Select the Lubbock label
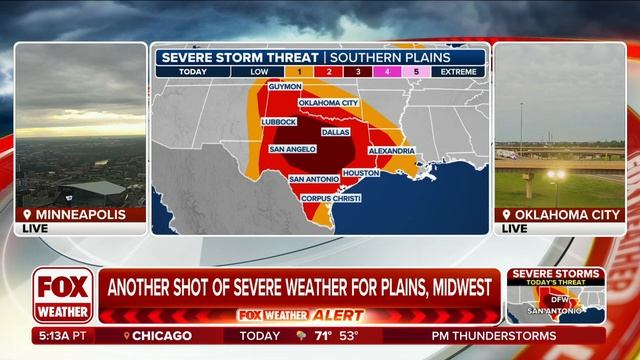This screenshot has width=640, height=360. coord(278,122)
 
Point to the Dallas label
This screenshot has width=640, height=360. coord(336,131)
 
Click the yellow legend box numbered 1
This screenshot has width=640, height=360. coord(299,72)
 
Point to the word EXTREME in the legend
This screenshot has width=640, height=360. coord(459,72)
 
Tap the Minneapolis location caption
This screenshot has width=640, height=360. coord(84,215)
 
